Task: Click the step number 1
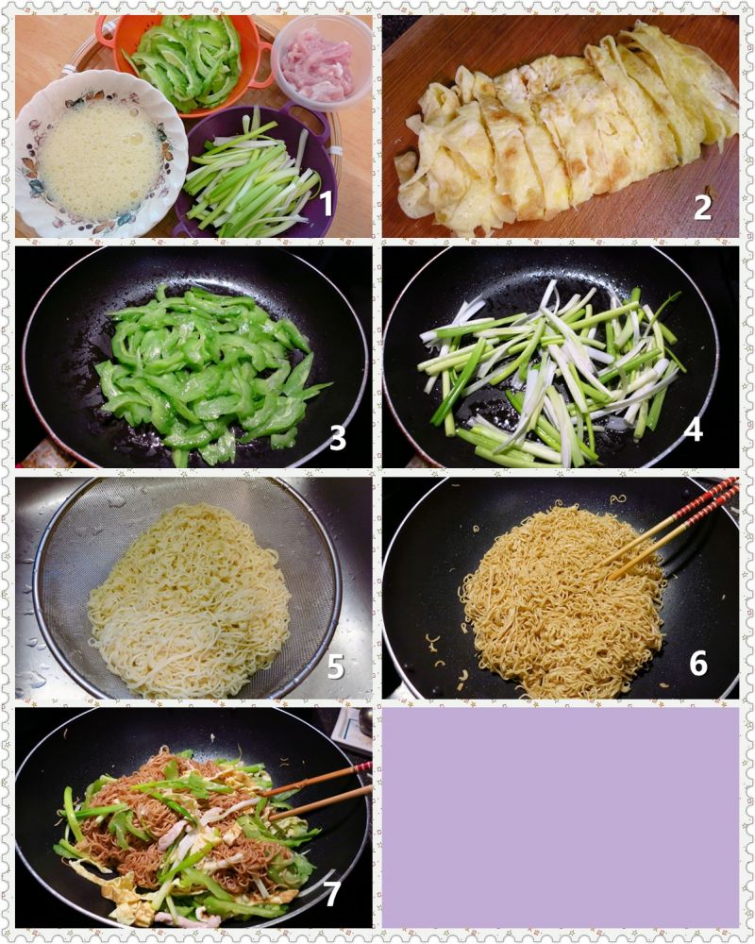coord(326,204)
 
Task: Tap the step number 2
coord(703,207)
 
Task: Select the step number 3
coord(338,438)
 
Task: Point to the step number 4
coord(694,430)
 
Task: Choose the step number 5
coord(335,666)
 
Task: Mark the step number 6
coord(698,663)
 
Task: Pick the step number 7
coord(332,894)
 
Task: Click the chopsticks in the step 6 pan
coord(671,529)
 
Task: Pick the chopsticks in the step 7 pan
coord(319,790)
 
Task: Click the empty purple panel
coord(561,817)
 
